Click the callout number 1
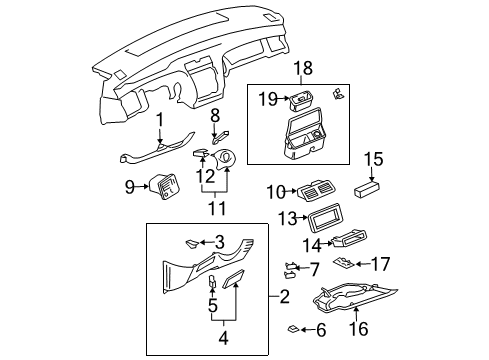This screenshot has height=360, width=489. [x=159, y=120]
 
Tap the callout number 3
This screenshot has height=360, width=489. [x=218, y=241]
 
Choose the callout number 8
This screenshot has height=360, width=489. [x=213, y=117]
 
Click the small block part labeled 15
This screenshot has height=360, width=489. [x=373, y=187]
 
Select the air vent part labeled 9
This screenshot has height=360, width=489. [x=162, y=187]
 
